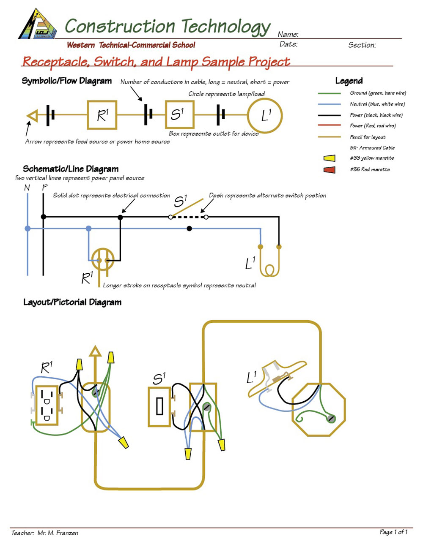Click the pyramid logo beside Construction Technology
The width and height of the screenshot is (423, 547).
[38, 25]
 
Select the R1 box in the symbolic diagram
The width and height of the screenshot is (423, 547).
[102, 115]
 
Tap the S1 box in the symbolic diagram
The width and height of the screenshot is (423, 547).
[179, 114]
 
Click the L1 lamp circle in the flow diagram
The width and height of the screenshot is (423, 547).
[265, 115]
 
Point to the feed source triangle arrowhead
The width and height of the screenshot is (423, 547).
[32, 115]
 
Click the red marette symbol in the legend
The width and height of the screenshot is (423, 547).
[329, 170]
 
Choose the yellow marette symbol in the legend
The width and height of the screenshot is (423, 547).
[329, 158]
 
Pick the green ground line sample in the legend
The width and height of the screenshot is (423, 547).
[329, 93]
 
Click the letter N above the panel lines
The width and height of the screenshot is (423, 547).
[27, 187]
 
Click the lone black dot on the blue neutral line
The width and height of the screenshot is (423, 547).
[190, 229]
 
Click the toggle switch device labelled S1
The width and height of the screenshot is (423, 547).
[159, 406]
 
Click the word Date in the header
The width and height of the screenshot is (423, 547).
[288, 44]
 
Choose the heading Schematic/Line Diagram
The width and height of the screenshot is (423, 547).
[71, 169]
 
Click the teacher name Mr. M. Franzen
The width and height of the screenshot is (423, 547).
[58, 533]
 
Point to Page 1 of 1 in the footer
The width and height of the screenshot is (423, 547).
[393, 532]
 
